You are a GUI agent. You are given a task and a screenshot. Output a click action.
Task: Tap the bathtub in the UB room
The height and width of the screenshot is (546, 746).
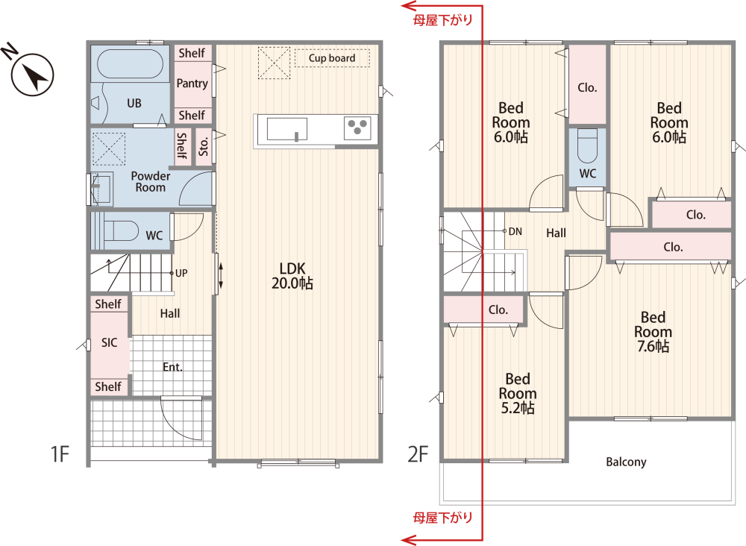pos(130,63)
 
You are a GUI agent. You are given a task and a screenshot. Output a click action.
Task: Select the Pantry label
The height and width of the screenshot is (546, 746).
pos(192,84)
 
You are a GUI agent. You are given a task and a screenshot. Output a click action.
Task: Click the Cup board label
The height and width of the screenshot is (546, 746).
pos(332,58)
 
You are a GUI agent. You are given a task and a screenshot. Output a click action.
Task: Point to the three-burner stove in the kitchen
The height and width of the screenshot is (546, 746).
pos(357,128)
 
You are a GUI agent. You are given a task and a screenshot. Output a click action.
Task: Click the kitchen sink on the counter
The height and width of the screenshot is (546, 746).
pos(287,129)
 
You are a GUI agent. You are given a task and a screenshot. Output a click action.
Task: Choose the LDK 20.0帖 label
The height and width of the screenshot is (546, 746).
pos(292,276)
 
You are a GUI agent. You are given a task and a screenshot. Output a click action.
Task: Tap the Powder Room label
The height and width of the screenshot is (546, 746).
pos(151,182)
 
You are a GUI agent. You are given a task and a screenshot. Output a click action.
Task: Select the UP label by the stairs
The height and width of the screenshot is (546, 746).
pos(181,273)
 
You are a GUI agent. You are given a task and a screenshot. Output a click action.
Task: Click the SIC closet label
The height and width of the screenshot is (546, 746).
pos(109,342)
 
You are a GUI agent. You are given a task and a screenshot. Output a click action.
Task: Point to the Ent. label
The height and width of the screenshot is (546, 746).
pos(172,367)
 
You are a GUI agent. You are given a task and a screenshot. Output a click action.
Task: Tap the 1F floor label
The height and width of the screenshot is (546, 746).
pos(60,454)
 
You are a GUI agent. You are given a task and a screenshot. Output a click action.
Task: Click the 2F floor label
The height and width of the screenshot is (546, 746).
pos(419,454)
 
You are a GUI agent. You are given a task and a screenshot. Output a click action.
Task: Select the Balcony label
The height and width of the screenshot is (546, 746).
pos(626,462)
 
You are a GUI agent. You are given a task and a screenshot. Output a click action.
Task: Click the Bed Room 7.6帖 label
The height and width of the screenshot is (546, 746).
pos(653,331)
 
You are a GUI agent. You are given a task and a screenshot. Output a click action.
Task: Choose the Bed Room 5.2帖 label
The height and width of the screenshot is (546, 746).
pos(518,393)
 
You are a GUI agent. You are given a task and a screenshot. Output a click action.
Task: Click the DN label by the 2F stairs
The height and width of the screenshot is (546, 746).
pos(515,232)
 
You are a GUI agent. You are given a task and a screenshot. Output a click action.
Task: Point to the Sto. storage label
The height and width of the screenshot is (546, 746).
pos(204,146)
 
